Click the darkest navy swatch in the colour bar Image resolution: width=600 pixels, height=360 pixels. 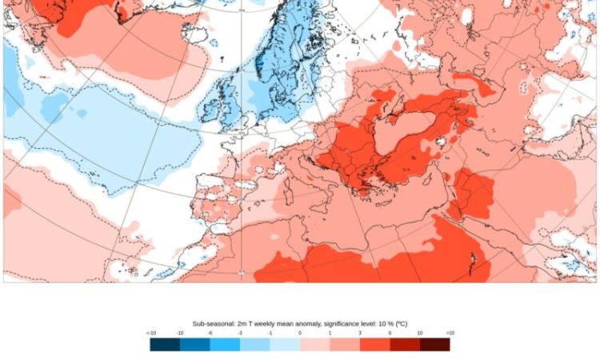(x=165, y=344)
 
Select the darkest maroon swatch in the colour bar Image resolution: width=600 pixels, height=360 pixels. (x=434, y=344)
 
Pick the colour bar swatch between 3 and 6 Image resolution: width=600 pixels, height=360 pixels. (x=374, y=344)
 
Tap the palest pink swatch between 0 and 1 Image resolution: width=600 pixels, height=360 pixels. (x=314, y=344)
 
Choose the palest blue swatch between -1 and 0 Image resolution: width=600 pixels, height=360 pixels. (x=285, y=344)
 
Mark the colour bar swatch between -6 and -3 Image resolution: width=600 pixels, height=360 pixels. (x=225, y=344)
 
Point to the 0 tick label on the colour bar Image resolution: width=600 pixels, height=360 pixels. (x=300, y=333)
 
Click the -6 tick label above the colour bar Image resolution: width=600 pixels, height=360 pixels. (x=210, y=333)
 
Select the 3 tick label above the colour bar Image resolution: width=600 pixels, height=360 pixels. (x=360, y=333)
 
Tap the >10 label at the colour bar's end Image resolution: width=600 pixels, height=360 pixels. (x=450, y=333)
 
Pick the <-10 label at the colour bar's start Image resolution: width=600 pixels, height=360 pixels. (x=150, y=333)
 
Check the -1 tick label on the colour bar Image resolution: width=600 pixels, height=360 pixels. (x=270, y=333)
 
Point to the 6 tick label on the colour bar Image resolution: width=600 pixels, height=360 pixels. (x=390, y=333)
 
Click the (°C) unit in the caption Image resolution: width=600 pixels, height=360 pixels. (x=402, y=324)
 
